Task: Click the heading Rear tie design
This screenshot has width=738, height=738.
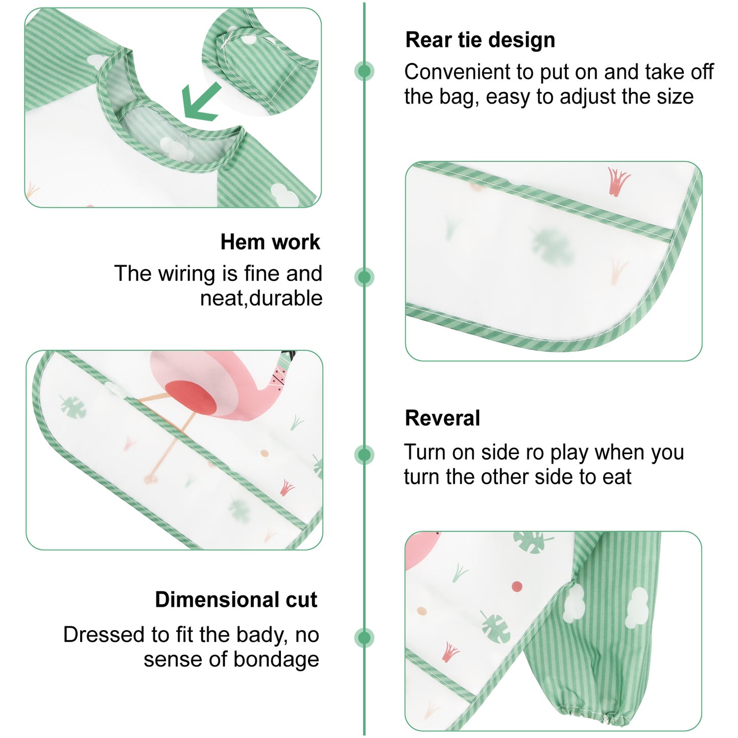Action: (x=480, y=40)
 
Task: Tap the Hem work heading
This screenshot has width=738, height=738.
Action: (x=270, y=242)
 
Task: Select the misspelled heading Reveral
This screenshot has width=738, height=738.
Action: (x=442, y=418)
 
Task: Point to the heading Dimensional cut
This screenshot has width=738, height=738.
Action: (x=236, y=600)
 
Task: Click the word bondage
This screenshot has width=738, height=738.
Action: (x=276, y=659)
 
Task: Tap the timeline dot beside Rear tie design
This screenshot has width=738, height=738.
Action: (x=364, y=71)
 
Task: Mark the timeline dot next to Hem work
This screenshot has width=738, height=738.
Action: (x=364, y=277)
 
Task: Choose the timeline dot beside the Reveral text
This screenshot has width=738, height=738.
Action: (x=364, y=455)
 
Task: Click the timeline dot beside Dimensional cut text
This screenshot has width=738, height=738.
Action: (x=364, y=638)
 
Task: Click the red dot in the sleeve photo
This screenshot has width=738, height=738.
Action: (x=517, y=586)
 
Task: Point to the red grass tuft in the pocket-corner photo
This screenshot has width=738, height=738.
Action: (x=618, y=181)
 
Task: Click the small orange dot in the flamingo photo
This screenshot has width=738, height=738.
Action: (x=264, y=454)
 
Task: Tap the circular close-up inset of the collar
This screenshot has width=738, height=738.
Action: (x=260, y=61)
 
